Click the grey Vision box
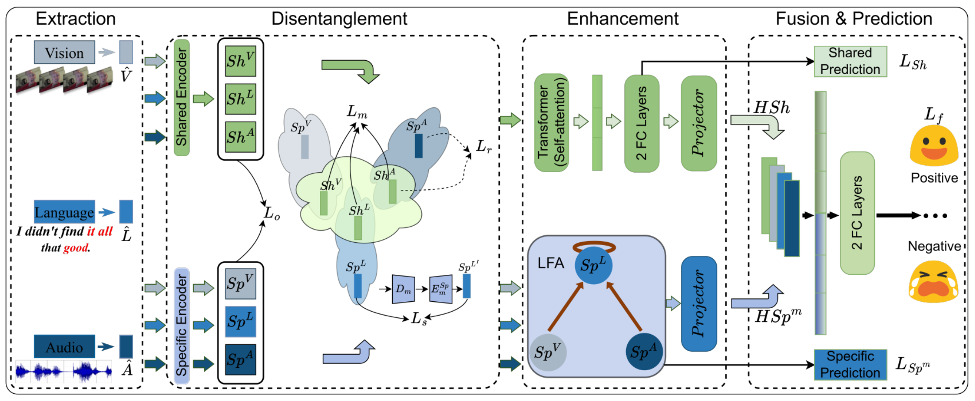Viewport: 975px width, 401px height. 64,52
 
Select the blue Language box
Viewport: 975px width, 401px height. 64,212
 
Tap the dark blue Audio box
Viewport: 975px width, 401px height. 64,346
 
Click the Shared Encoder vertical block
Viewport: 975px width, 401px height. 181,98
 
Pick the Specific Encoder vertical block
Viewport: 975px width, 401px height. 181,326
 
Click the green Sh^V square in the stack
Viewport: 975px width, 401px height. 240,61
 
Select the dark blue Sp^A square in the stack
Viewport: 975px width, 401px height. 240,360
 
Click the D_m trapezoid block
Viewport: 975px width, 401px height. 403,289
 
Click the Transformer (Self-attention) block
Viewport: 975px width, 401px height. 551,123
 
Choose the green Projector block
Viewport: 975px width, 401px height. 699,123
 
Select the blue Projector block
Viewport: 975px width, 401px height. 699,303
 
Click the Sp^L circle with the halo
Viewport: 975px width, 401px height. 593,265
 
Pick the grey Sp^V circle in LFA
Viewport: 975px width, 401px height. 547,352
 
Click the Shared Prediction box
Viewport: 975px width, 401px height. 850,62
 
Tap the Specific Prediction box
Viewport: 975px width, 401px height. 850,365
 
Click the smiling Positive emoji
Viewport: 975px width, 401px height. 934,146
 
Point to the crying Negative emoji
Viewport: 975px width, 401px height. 933,282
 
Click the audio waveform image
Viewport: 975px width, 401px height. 63,371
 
